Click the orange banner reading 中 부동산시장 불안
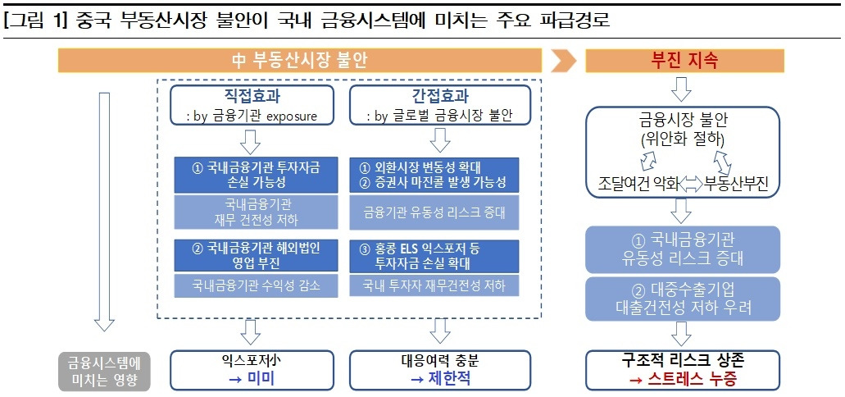click(299, 61)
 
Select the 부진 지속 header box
click(684, 61)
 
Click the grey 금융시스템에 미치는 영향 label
click(104, 370)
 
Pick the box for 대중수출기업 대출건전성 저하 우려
click(684, 299)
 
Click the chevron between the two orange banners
click(563, 61)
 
